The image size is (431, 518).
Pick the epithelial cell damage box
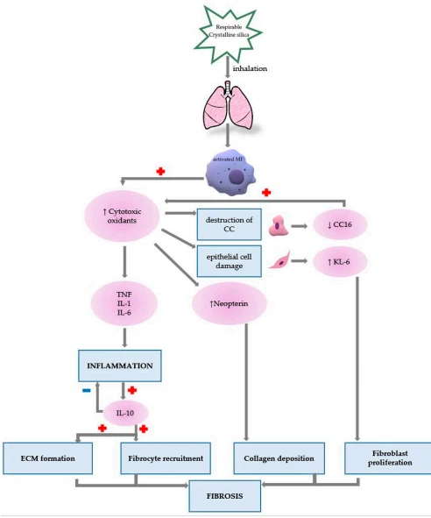pos(229,260)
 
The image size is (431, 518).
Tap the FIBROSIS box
pos(226,497)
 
